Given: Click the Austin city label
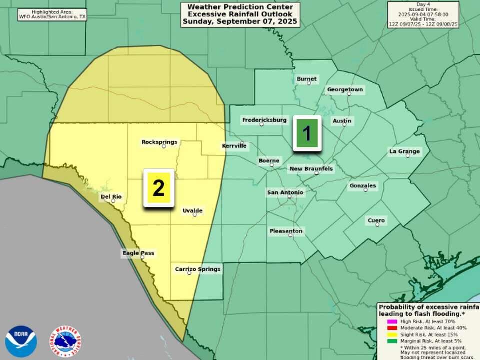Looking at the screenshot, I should pos(342,121).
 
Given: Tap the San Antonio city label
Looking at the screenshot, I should pos(285,192).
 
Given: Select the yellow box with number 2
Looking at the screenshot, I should pos(159,188).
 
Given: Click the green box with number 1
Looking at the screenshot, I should pos(307,133).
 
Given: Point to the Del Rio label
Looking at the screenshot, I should pos(111,197).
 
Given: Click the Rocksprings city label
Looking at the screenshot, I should pos(159,142).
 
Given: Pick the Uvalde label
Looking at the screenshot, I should pos(192,211).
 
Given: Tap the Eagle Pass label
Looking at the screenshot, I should pos(138,253).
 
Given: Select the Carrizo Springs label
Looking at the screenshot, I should pos(197,269).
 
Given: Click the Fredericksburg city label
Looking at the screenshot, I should pos(264,120).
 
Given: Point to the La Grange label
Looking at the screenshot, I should pos(405,151).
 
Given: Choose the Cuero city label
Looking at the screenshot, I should pos(376,220).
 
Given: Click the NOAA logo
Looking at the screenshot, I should pos(21,341).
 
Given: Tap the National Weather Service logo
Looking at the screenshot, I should pos(65,341).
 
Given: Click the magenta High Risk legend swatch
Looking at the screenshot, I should pos(392,321).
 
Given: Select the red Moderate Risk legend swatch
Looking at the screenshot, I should pos(392,328).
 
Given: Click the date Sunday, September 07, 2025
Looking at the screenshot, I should pos(240,22).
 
